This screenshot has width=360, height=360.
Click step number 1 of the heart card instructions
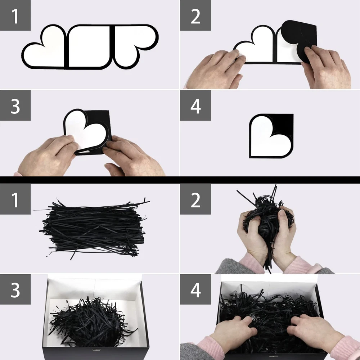(x=15, y=17)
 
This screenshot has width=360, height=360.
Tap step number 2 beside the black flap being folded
(x=195, y=17)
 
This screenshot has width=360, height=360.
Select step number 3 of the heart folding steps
(x=15, y=106)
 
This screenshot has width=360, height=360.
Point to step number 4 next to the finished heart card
(x=195, y=106)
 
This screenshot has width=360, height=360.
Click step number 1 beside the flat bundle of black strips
(x=15, y=200)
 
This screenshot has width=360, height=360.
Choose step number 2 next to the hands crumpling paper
(x=195, y=200)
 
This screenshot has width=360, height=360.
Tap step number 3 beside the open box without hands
(x=15, y=290)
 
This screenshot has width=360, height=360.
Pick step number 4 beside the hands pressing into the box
(x=195, y=290)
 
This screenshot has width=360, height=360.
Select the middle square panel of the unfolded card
(x=89, y=47)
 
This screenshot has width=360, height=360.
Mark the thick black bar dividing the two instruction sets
(x=180, y=180)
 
